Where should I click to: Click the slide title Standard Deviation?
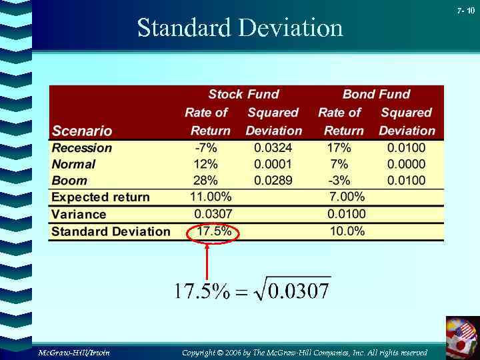click(x=240, y=28)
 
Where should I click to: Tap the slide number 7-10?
click(x=466, y=11)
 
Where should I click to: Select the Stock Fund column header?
click(x=243, y=95)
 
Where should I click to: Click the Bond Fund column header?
click(x=376, y=95)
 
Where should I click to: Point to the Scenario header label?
click(x=82, y=131)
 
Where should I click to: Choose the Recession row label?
click(x=82, y=148)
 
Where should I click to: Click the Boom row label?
click(x=69, y=180)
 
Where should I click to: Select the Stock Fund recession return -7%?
click(x=205, y=147)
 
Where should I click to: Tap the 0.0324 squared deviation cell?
click(x=273, y=147)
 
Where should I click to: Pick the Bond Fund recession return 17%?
click(x=338, y=147)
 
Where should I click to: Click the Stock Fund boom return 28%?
click(x=205, y=180)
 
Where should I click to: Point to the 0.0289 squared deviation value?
click(x=273, y=180)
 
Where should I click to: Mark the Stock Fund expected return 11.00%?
click(x=211, y=197)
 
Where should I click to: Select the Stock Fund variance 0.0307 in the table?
click(x=213, y=214)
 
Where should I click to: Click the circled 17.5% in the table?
click(x=214, y=231)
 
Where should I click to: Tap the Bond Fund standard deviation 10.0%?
click(x=347, y=231)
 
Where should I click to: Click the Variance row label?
click(x=79, y=214)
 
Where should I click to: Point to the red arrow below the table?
click(x=207, y=260)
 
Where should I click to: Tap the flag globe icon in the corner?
click(x=463, y=337)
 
